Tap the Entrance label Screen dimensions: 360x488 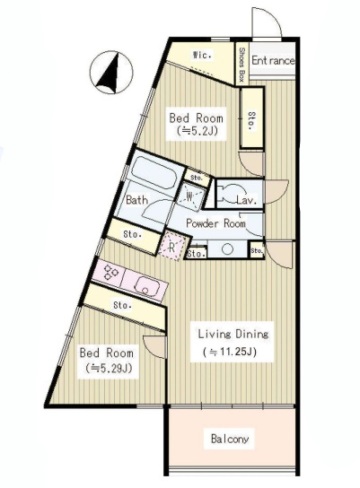[x=273, y=60]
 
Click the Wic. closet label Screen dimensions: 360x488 [x=202, y=56]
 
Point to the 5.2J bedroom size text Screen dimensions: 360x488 [x=197, y=131]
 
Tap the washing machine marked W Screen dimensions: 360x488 [x=190, y=196]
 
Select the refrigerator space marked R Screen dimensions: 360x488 [x=172, y=246]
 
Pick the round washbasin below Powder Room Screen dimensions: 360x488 [x=228, y=249]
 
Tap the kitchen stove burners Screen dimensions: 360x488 [x=110, y=272]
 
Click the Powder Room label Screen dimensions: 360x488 [x=215, y=223]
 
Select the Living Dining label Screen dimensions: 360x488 [x=233, y=334]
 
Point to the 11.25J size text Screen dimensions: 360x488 [x=230, y=352]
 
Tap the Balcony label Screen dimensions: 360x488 [x=230, y=439]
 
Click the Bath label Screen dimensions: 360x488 [x=136, y=200]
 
